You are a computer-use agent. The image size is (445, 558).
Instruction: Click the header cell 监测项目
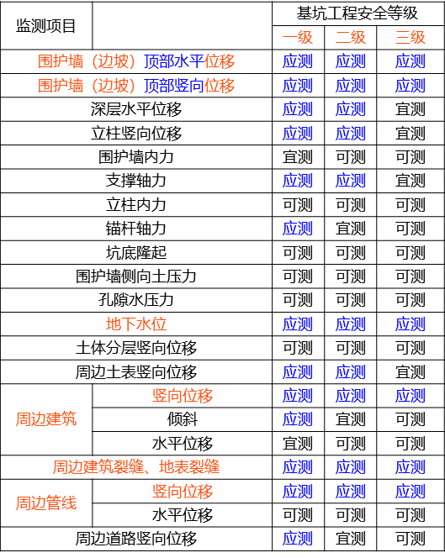click(x=45, y=26)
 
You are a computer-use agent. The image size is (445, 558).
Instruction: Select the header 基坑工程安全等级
click(x=358, y=13)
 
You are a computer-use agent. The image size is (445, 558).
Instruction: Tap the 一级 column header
click(x=298, y=37)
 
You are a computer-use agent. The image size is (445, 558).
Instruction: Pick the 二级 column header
click(x=351, y=37)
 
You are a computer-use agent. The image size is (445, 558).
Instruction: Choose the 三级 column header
click(x=411, y=37)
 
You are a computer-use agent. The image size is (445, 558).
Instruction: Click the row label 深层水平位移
click(x=136, y=109)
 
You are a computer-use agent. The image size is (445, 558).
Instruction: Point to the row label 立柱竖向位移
click(x=136, y=134)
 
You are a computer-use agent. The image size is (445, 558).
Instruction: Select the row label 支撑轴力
click(x=136, y=181)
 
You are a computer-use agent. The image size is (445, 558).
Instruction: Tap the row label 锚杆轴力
click(x=136, y=229)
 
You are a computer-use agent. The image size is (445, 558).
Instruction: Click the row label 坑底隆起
click(x=136, y=253)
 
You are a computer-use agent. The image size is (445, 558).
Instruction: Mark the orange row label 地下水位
click(x=136, y=324)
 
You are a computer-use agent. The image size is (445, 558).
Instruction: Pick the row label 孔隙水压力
click(x=136, y=300)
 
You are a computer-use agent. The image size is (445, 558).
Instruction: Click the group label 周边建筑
click(x=46, y=419)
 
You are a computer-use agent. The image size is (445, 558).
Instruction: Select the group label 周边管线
click(x=46, y=503)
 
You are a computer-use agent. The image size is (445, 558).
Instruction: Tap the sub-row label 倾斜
click(x=183, y=419)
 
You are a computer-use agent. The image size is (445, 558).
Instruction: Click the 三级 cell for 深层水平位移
click(x=411, y=109)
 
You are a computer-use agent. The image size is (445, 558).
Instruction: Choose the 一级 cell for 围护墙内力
click(x=298, y=157)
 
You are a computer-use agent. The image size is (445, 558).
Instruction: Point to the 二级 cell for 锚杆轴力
click(x=351, y=229)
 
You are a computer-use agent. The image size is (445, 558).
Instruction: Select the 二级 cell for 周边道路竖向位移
click(x=351, y=539)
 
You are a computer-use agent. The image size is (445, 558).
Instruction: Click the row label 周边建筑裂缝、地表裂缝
click(x=136, y=467)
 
